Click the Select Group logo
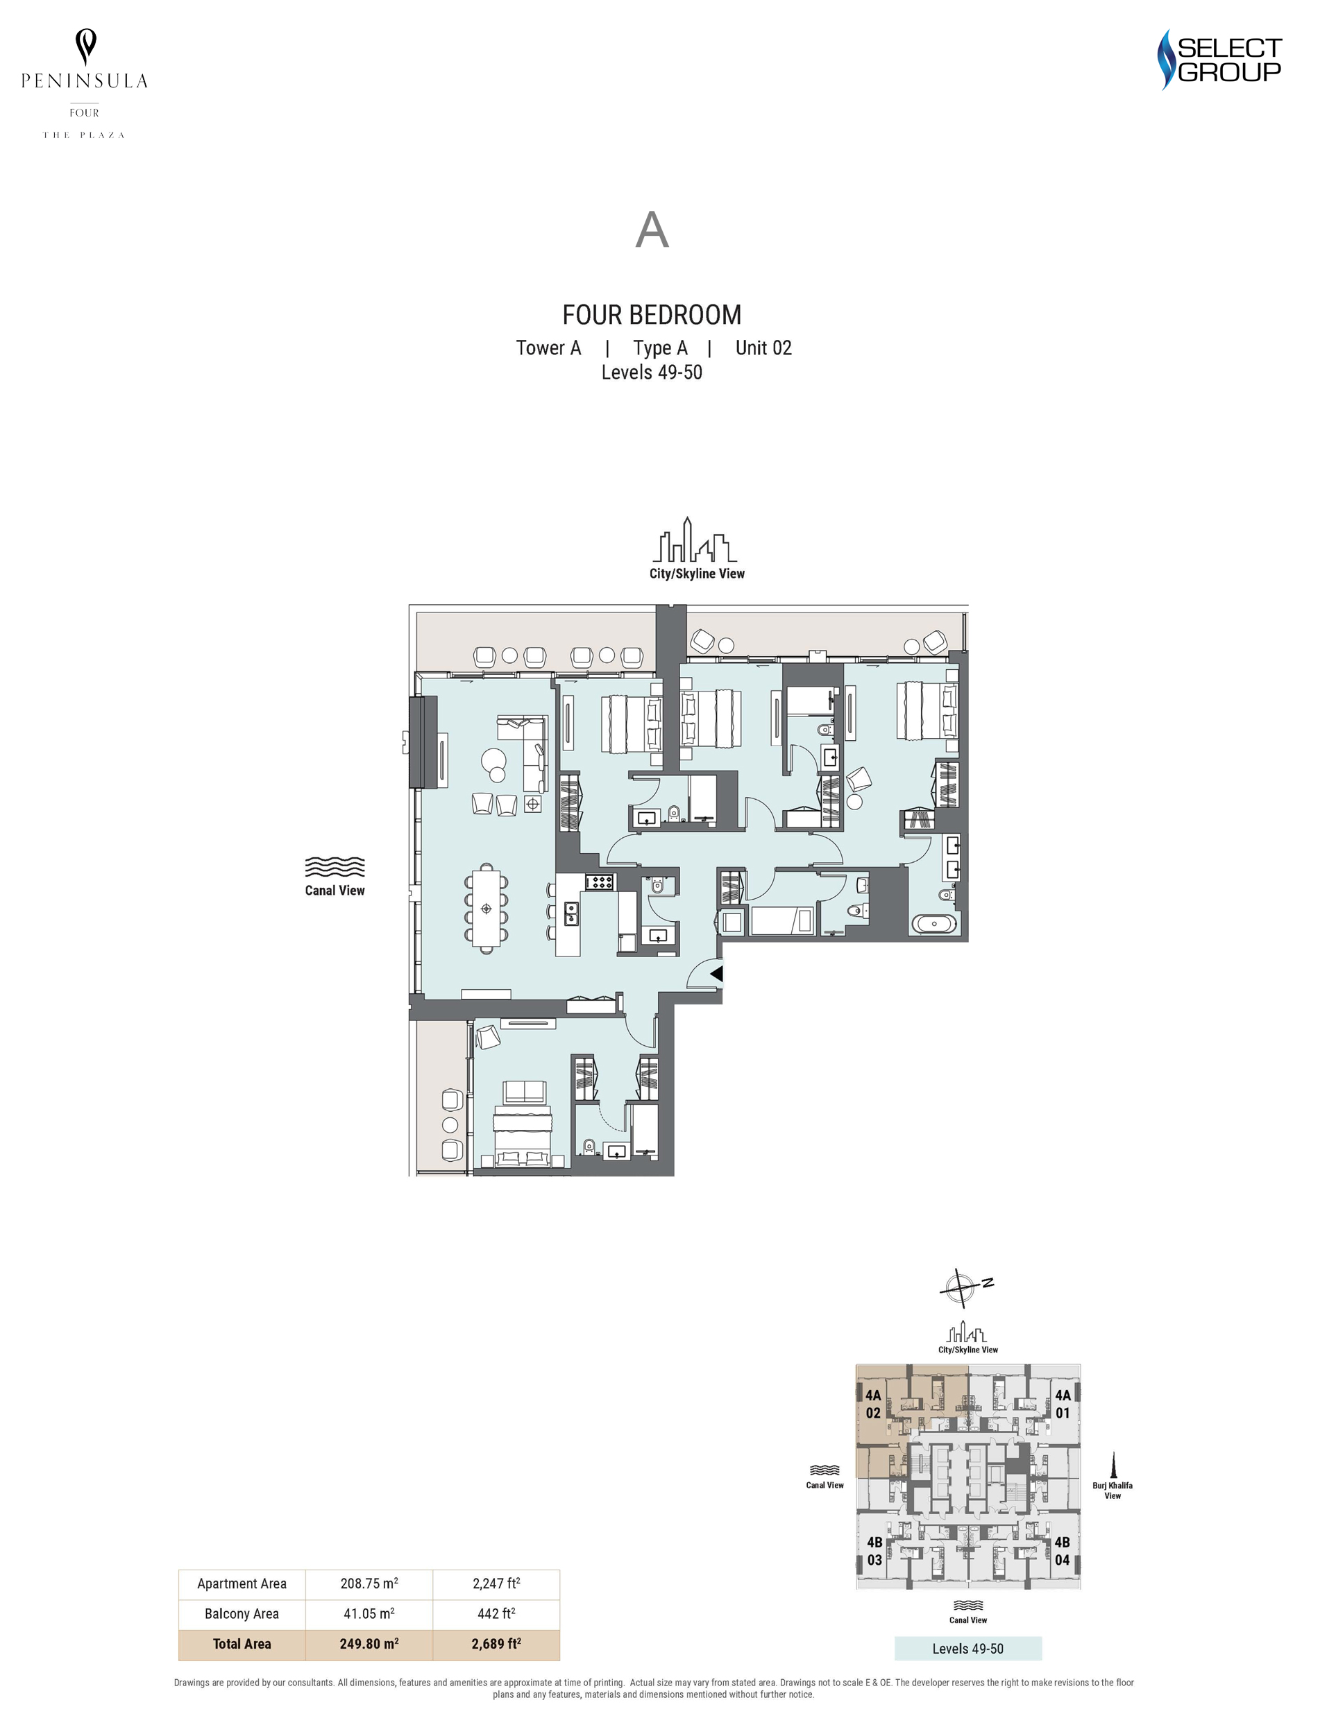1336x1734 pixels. (1219, 60)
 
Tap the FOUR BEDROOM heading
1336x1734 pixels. (651, 315)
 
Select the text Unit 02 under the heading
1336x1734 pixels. (763, 347)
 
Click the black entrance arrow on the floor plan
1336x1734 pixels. (716, 972)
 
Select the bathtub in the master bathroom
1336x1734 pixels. (934, 923)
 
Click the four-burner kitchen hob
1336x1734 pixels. (600, 880)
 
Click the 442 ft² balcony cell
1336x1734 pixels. (496, 1613)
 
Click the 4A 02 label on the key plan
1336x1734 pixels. (873, 1404)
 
